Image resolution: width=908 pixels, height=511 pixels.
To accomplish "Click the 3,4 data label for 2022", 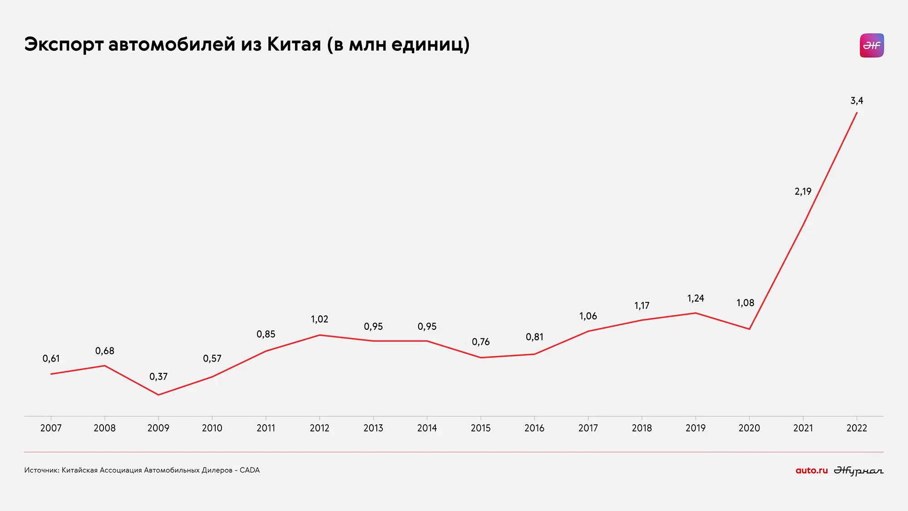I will click(857, 101).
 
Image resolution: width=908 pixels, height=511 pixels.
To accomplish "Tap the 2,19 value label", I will click(803, 192).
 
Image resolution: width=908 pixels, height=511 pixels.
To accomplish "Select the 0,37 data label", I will click(158, 377).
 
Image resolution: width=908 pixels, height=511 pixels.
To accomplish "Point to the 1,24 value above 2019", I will click(696, 298).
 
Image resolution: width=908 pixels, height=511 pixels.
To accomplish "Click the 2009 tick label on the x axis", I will click(158, 428).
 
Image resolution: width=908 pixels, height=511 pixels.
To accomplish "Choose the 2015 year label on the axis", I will click(481, 428).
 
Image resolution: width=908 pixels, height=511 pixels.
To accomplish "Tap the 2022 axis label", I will click(857, 428).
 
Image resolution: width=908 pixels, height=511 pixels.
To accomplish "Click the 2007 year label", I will click(51, 428).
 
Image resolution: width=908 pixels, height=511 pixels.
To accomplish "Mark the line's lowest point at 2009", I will click(158, 395).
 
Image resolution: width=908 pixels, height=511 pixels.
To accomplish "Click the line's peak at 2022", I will click(857, 112).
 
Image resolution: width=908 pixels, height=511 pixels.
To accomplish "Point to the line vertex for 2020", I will click(750, 329).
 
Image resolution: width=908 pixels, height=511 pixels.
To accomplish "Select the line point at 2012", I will click(320, 335).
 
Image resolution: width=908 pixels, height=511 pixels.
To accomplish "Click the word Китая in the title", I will click(294, 45).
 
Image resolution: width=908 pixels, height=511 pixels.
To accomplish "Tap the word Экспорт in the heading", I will click(64, 45).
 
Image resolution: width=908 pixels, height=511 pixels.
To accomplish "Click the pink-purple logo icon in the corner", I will click(872, 45).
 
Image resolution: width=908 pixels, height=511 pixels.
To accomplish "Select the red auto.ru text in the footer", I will click(812, 471).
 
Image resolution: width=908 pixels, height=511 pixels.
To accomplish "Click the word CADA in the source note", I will click(250, 470).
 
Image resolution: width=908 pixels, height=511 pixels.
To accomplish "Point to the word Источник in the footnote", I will click(41, 470).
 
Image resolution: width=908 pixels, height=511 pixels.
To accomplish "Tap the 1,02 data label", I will click(320, 319).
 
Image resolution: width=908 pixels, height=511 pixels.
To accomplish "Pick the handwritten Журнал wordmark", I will click(859, 471).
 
